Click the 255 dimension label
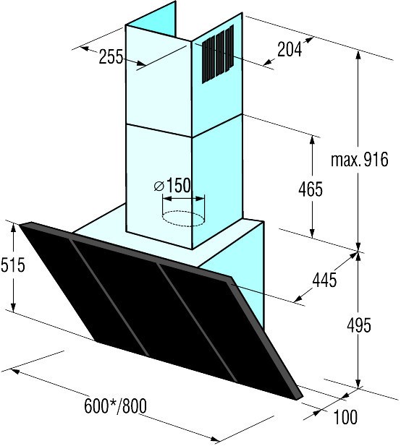111,56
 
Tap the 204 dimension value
290,49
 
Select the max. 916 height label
360,159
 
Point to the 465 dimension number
311,189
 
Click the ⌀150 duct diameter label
172,186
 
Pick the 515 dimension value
12,265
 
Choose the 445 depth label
324,280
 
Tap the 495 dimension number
359,325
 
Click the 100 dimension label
345,417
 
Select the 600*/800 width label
115,406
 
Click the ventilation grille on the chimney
218,53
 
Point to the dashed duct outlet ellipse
183,218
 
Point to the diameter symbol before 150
159,186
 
